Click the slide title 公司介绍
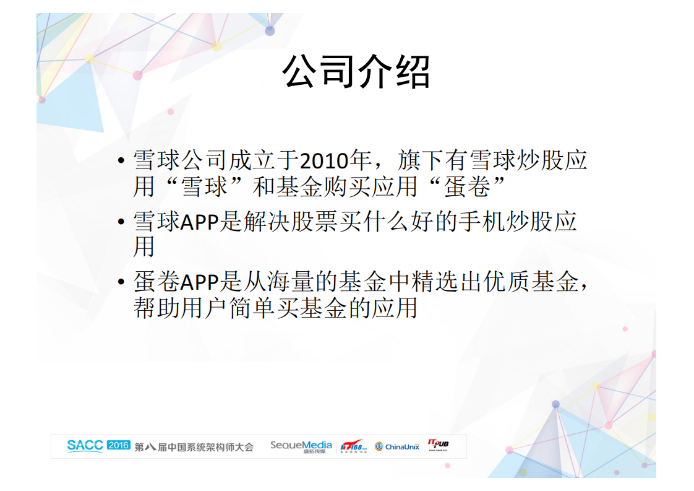click(x=356, y=72)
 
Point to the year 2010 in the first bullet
click(x=322, y=162)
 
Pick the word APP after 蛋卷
click(x=200, y=282)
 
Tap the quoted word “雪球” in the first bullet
click(x=204, y=186)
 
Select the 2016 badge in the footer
click(x=118, y=445)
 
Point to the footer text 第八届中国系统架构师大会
click(x=194, y=446)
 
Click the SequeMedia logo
click(x=301, y=446)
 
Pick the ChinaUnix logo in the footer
click(x=397, y=446)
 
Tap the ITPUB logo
click(x=438, y=445)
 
